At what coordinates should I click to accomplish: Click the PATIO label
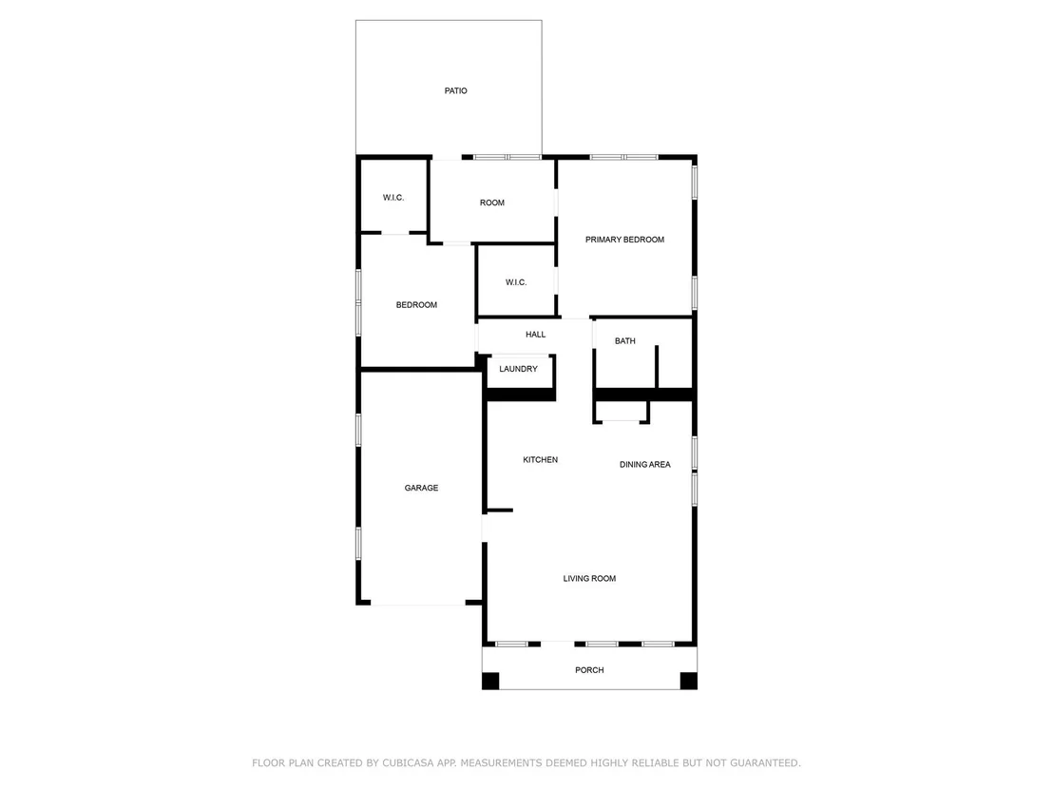coord(455,90)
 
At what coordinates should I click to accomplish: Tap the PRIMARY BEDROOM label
coord(624,240)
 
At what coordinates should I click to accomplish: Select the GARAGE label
coord(421,488)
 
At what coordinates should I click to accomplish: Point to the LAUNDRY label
coord(519,369)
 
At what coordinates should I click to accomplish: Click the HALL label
coord(535,335)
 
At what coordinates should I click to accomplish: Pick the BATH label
coord(624,341)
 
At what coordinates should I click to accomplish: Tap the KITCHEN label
coord(540,459)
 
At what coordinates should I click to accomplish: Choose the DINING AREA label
coord(644,464)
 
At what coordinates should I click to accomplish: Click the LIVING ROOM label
coord(589,578)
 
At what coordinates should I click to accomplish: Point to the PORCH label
coord(589,670)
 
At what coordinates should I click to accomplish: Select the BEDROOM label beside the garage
coord(416,305)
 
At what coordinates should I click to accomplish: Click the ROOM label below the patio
coord(491,202)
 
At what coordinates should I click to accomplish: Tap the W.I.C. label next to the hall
coord(516,282)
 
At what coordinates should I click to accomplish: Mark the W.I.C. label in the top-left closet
coord(393,198)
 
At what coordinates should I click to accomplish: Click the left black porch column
coord(491,681)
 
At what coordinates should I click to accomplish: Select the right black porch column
coord(688,681)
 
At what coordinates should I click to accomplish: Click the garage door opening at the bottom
coord(418,604)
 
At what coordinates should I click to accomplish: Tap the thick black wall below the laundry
coord(521,395)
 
